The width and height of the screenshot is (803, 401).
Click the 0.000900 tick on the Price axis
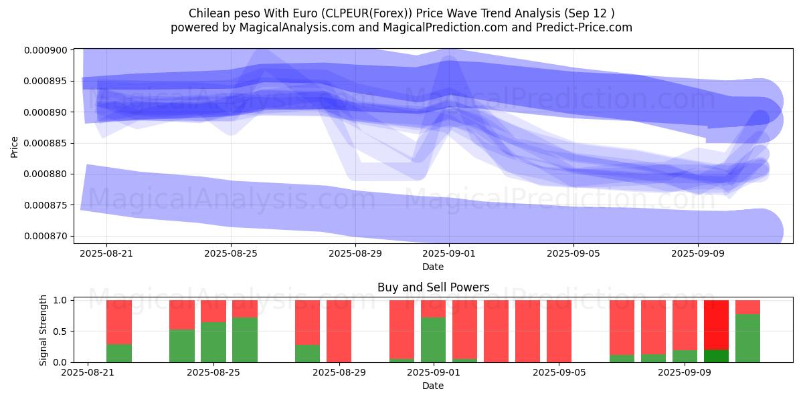[x=46, y=50]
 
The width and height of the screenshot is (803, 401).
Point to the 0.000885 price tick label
[x=46, y=143]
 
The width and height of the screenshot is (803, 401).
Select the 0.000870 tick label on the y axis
[x=46, y=237]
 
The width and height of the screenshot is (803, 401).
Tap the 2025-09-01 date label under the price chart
[x=449, y=253]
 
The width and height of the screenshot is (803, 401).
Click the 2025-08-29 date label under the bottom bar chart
[x=339, y=372]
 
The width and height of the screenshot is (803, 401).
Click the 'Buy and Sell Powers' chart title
[x=433, y=287]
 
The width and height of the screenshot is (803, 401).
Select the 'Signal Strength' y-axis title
[x=43, y=330]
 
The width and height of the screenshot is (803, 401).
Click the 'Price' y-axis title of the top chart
[x=14, y=147]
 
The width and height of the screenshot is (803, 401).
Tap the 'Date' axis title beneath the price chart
[x=433, y=267]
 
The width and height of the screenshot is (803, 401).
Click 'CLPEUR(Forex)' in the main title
[x=367, y=13]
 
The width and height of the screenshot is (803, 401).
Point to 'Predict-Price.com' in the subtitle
[x=584, y=27]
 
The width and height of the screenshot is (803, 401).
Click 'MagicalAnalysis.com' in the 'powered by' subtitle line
[x=297, y=27]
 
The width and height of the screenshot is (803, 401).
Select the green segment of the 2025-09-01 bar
[x=433, y=340]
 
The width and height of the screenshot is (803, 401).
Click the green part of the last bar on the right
[x=747, y=338]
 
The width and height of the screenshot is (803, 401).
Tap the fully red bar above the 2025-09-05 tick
[x=559, y=331]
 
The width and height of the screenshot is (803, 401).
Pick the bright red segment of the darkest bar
[x=716, y=325]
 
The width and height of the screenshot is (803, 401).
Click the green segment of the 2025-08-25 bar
[x=213, y=342]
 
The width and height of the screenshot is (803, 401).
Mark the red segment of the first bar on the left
[x=119, y=322]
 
